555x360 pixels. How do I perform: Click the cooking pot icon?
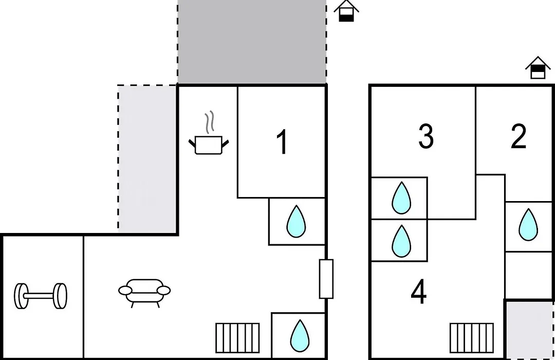pos(209,145)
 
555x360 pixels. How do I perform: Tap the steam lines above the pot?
pos(210,122)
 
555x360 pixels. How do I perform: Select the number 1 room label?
pos(282,142)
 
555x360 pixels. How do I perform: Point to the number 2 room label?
pos(519,136)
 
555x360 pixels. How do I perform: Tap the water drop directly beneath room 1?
pos(296,222)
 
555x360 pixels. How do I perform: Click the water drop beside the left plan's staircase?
pos(300,336)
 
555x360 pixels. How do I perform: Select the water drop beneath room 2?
pos(528,225)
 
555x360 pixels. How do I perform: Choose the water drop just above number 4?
pos(401,241)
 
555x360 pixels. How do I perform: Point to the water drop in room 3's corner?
pos(401,198)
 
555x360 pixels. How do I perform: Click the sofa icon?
pos(144,293)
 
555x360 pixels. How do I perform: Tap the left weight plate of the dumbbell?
pos(21,296)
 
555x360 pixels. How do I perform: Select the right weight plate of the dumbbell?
pos(60,296)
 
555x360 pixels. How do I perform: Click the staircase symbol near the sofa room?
pos(237,338)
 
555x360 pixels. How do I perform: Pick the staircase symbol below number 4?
pos(472,338)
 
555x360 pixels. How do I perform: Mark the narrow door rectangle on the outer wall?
pos(326,279)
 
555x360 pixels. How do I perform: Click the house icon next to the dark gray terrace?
pos(346,11)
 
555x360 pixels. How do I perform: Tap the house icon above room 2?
pos(538,68)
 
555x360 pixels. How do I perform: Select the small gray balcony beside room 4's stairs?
pos(529,330)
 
